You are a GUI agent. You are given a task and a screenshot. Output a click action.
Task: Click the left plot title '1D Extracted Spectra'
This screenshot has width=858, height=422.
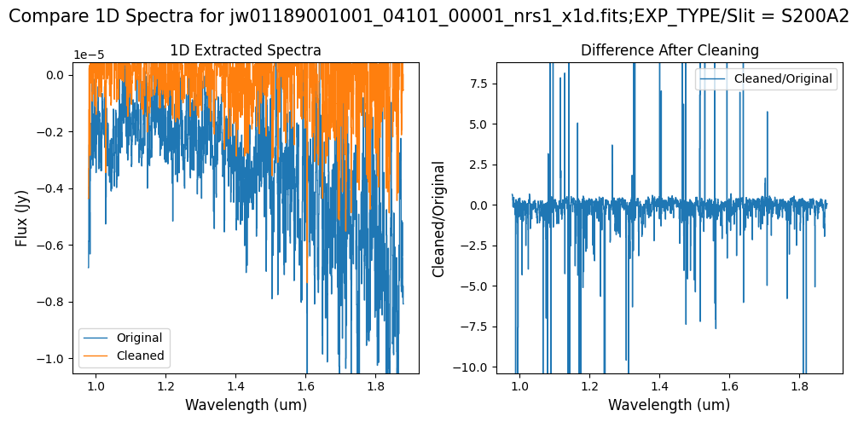[x=246, y=51]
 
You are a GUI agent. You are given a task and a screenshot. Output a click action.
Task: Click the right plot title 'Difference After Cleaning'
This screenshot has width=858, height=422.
[x=670, y=51]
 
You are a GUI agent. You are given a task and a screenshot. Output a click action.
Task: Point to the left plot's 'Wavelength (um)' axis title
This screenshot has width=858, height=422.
[x=246, y=405]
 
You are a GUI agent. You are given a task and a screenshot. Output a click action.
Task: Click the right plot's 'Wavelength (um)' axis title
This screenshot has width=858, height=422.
[x=670, y=405]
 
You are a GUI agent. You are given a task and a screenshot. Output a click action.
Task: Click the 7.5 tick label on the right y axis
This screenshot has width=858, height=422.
[x=483, y=84]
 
